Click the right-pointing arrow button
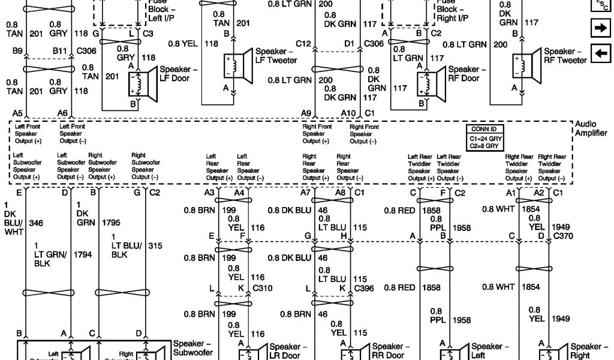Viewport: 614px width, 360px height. [600, 27]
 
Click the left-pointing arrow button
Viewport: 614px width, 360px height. [600, 54]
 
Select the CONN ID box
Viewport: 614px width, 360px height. [485, 137]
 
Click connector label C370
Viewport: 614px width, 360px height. [564, 236]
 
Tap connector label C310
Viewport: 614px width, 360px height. [263, 288]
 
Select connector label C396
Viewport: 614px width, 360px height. [365, 288]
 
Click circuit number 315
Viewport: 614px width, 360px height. [156, 246]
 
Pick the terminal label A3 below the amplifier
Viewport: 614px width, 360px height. [209, 193]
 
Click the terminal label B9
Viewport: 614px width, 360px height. [17, 52]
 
